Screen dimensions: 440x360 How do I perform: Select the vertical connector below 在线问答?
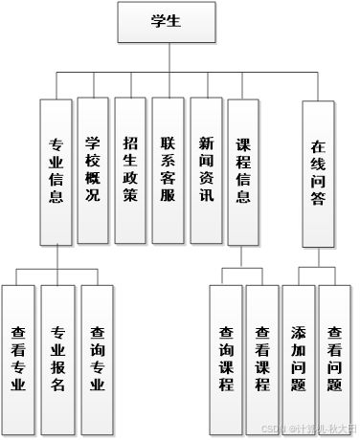(x=319, y=259)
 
